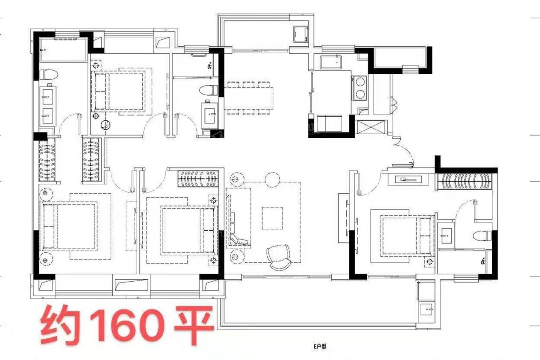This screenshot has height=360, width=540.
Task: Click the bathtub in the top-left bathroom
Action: click(63, 50)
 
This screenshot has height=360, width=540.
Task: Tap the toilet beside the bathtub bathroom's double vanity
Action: click(49, 74)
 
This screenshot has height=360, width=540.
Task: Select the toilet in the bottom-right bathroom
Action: click(482, 236)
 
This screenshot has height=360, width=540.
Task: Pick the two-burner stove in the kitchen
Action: click(359, 88)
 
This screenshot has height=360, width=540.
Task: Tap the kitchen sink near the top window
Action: click(332, 62)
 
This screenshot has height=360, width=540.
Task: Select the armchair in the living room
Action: click(278, 257)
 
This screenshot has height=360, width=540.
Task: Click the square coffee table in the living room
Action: click(272, 218)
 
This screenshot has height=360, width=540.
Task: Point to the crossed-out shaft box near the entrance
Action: click(371, 127)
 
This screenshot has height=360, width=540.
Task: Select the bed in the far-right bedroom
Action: click(407, 235)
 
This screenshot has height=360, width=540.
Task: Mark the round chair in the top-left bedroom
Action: click(106, 125)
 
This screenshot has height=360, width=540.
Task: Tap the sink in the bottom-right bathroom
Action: click(447, 236)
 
